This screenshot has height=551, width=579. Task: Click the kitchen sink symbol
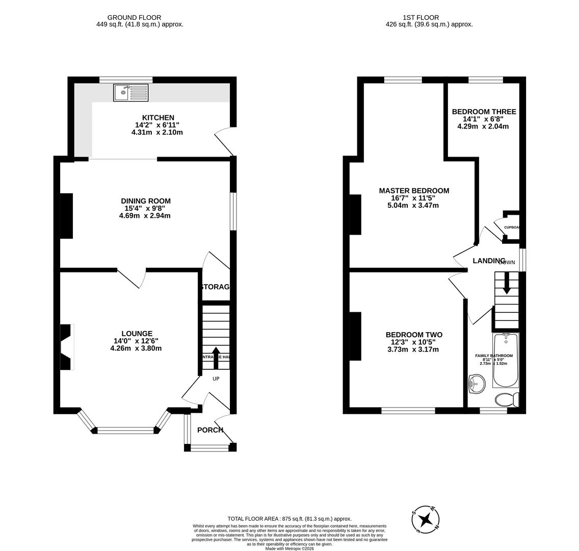(x=131, y=93)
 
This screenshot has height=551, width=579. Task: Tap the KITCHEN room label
(x=158, y=118)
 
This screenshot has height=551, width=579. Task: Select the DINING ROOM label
(x=146, y=201)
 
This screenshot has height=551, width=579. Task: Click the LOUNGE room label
(x=137, y=334)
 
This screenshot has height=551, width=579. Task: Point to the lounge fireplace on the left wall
(x=66, y=347)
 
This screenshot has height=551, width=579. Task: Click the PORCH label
(x=210, y=430)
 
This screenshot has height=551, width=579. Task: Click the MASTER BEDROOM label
(x=414, y=191)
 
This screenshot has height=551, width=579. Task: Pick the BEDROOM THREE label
(x=484, y=112)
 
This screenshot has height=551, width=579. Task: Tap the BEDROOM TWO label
(x=414, y=335)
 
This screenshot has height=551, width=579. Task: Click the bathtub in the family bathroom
(x=506, y=360)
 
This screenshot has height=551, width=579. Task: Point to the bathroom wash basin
(x=477, y=384)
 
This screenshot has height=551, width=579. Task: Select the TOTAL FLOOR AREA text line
(x=289, y=519)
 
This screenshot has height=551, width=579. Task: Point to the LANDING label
(x=489, y=261)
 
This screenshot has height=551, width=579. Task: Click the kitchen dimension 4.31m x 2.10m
(x=157, y=132)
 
